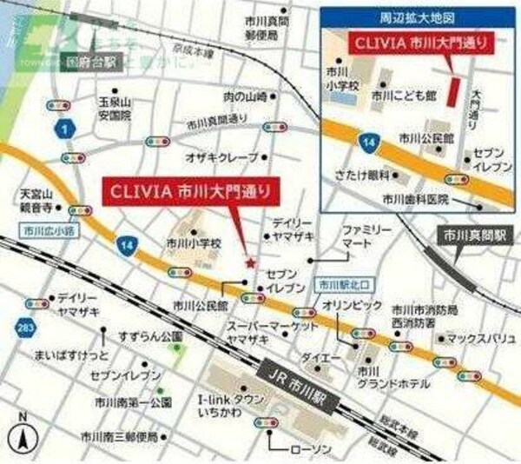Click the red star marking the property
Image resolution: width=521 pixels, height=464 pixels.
tap(250, 262)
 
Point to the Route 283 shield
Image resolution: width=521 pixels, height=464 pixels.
tap(24, 328)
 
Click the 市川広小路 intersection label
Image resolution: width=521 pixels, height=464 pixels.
tap(46, 231)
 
